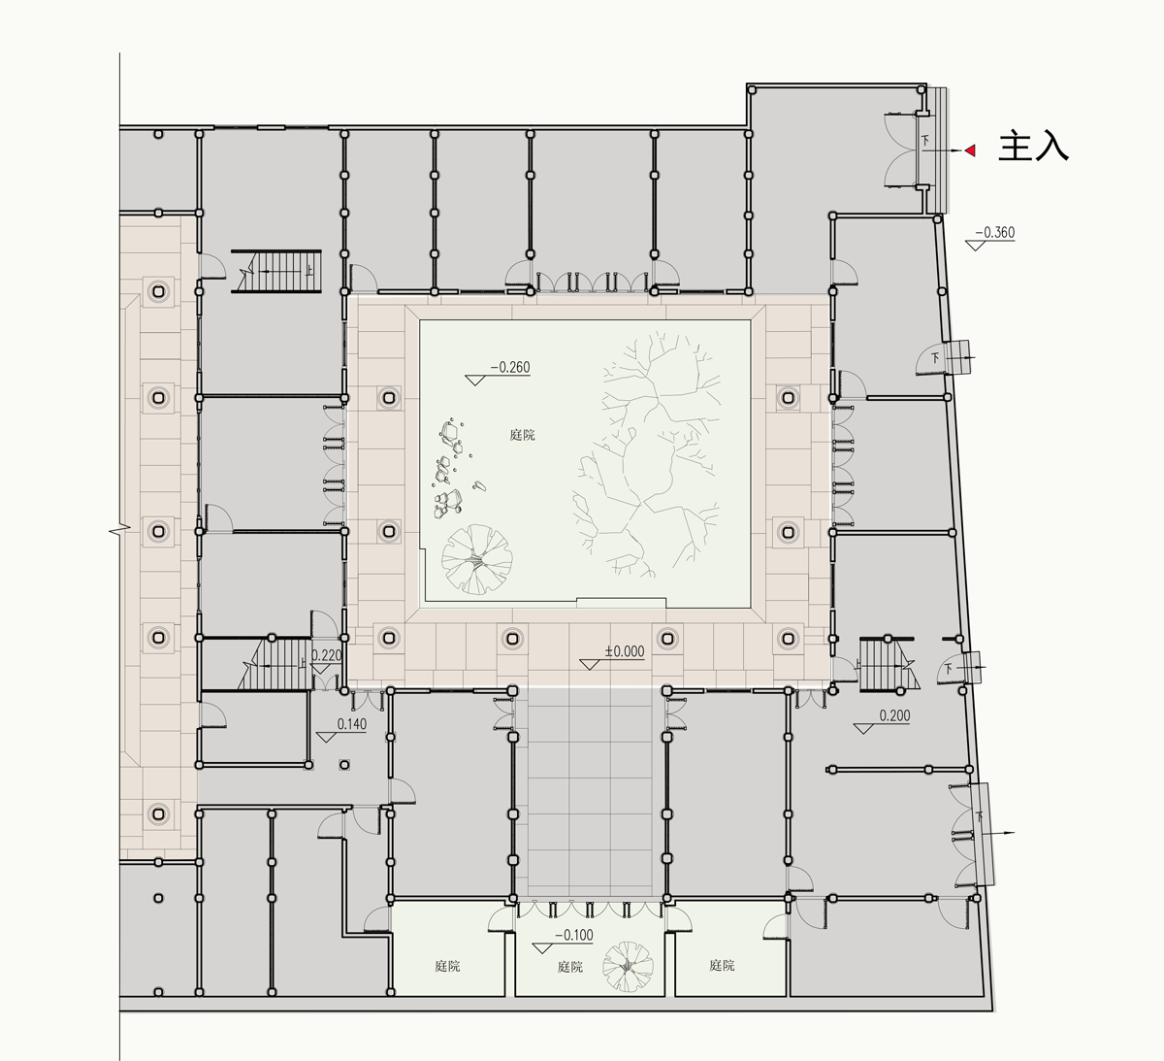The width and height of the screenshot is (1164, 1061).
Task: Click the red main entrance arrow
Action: coord(970,150)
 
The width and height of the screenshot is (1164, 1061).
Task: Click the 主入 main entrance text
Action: coord(1033,146)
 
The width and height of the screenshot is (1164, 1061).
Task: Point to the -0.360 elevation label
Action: coord(994,233)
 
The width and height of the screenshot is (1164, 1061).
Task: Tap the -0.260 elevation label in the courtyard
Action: coord(510,368)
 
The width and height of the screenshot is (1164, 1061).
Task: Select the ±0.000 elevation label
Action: coord(625,651)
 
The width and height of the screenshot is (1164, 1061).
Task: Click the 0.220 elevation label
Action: coord(326,655)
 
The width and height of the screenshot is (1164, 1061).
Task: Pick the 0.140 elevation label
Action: coord(352,724)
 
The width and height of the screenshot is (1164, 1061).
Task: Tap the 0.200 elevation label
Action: coord(894,715)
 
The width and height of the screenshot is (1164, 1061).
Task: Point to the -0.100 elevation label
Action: coord(574,935)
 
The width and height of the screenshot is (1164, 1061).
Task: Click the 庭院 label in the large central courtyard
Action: coord(522,435)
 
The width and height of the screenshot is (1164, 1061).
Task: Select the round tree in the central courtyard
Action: coord(477,560)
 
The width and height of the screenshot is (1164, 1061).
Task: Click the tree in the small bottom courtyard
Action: coord(628,966)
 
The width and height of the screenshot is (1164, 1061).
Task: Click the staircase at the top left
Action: coord(276,271)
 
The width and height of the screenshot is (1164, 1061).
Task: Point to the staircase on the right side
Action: coord(887,664)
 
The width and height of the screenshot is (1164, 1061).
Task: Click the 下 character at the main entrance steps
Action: coord(925,140)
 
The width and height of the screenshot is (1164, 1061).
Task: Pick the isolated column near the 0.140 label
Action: coord(344,765)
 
